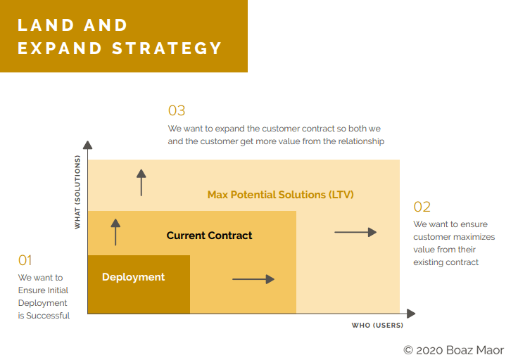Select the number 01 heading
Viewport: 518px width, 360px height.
click(25, 260)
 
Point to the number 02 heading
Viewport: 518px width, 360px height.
click(422, 207)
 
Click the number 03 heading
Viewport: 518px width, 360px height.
click(177, 110)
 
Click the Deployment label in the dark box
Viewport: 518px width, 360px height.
click(134, 277)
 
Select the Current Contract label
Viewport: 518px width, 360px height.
click(209, 236)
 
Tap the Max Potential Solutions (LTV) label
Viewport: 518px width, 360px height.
click(280, 194)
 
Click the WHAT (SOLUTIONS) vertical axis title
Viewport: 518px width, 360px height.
click(78, 193)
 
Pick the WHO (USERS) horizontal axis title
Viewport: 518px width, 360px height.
click(377, 326)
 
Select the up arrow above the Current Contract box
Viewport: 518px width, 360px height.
click(141, 183)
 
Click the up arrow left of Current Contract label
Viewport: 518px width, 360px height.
click(116, 232)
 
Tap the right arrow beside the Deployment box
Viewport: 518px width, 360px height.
click(253, 279)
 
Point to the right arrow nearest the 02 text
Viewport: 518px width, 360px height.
click(355, 232)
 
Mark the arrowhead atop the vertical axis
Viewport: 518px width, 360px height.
click(88, 145)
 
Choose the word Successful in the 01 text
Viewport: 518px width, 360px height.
click(49, 316)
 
